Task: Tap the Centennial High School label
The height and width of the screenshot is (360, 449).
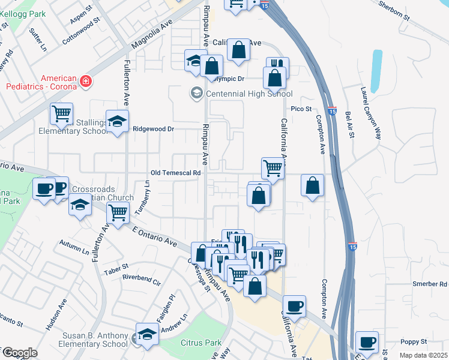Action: pos(249,94)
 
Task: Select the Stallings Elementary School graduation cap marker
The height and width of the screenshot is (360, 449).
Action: pos(118,122)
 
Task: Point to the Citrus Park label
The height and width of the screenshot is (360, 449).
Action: pos(201,343)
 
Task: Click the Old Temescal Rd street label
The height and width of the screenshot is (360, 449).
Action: pos(175,173)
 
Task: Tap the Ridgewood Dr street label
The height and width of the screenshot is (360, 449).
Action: pos(153,128)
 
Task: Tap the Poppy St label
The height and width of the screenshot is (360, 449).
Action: pos(414,341)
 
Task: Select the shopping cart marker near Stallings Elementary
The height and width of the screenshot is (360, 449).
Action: pos(61,113)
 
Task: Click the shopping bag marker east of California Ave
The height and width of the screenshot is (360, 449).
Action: pos(312,186)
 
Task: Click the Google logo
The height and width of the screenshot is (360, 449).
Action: pos(19,353)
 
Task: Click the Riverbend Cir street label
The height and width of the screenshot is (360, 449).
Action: pos(142,279)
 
